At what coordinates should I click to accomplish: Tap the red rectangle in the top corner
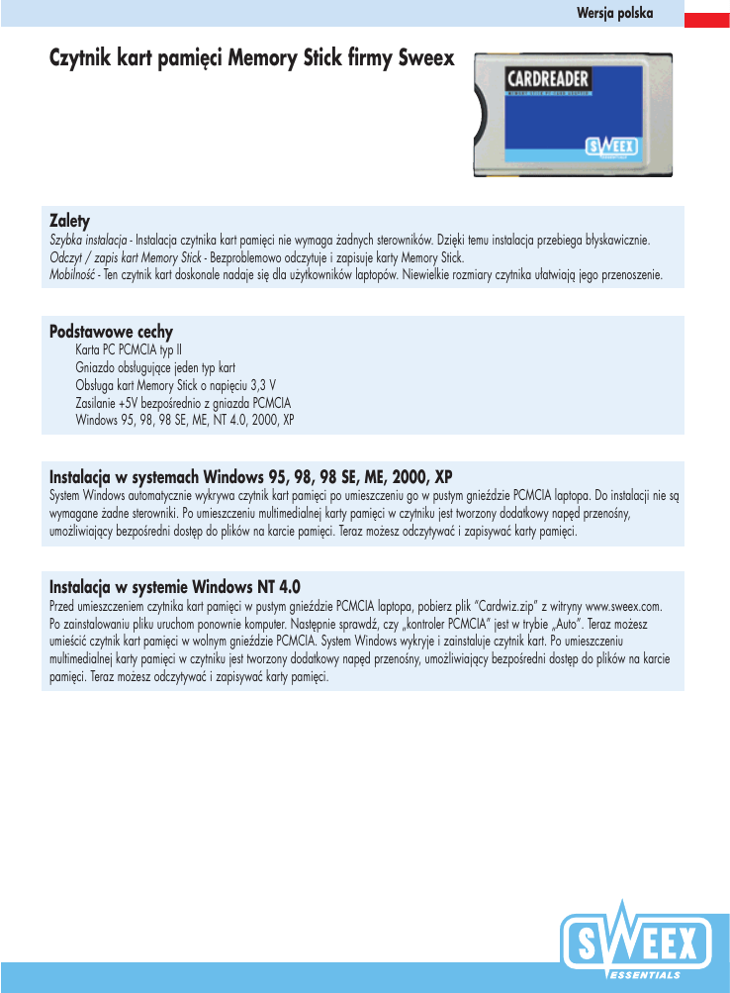pyautogui.click(x=708, y=16)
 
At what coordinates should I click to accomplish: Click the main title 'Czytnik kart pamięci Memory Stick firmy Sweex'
pyautogui.click(x=251, y=58)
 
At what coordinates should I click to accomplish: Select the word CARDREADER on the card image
pyautogui.click(x=548, y=78)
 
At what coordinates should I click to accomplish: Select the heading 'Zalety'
pyautogui.click(x=70, y=219)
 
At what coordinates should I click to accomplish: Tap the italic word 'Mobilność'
pyautogui.click(x=71, y=273)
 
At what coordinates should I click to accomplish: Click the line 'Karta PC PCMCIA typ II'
pyautogui.click(x=129, y=349)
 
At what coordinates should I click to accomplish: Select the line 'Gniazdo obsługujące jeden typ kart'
pyautogui.click(x=154, y=367)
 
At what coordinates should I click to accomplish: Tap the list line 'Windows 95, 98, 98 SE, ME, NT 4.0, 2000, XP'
pyautogui.click(x=185, y=420)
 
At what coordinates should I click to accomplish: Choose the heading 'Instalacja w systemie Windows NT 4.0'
pyautogui.click(x=174, y=585)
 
